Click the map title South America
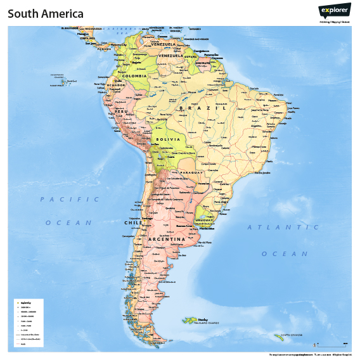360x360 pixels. [46, 14]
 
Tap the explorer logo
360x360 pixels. [334, 11]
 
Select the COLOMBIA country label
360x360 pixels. [134, 76]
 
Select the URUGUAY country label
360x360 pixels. [207, 220]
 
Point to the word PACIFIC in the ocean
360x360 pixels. [70, 199]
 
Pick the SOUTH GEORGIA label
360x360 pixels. [292, 334]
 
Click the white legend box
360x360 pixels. [28, 323]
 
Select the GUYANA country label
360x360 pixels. [191, 56]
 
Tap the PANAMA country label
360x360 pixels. [104, 49]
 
